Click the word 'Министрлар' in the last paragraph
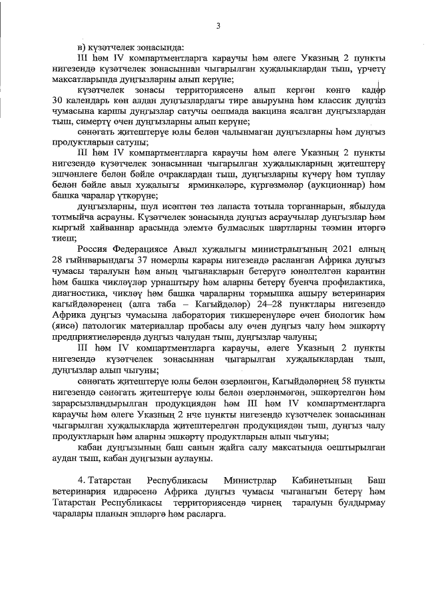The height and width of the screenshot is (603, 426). coord(251,480)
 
